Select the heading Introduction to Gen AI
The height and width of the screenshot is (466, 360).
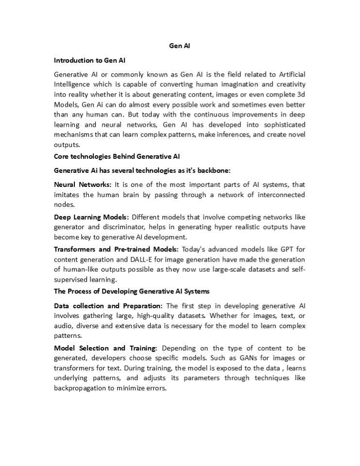point(90,61)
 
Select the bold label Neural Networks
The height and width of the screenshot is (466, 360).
point(83,185)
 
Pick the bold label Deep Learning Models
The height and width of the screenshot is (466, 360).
point(91,216)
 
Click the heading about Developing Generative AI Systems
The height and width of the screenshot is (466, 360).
point(131,291)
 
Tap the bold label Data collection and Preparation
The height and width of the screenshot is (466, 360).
point(108,306)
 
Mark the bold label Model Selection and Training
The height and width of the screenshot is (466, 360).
point(105,348)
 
